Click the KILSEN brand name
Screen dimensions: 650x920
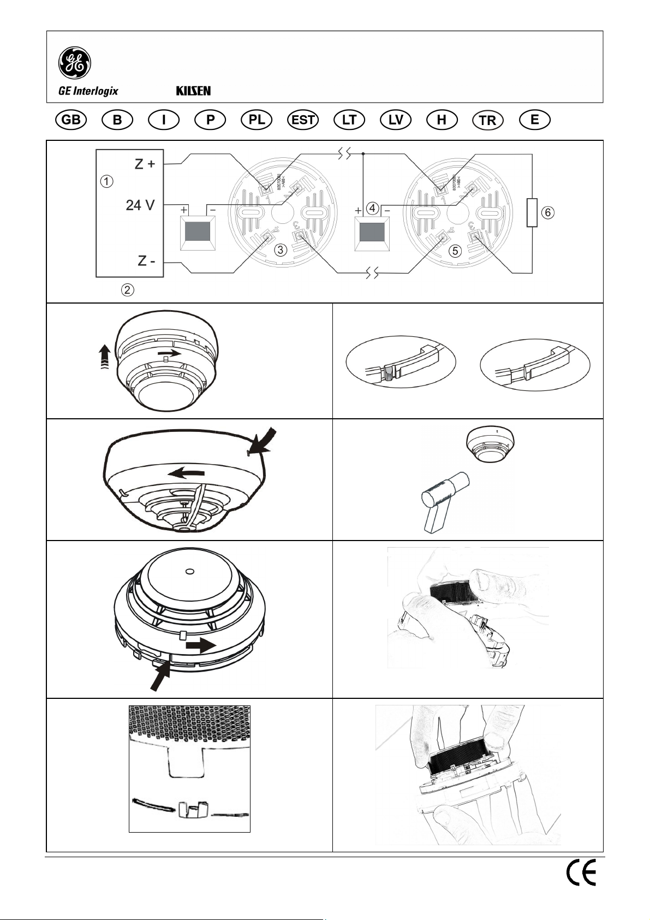193,91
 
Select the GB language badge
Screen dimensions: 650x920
71,120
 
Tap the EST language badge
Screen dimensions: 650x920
303,120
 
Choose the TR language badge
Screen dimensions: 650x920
488,121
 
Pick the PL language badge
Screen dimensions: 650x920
257,120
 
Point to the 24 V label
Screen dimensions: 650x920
140,205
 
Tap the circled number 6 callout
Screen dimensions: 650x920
548,212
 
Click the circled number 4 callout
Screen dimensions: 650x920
372,208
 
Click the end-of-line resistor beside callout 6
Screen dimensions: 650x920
532,213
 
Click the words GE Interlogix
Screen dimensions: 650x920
88,91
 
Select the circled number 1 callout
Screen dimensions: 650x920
108,181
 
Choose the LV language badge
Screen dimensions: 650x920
396,120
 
